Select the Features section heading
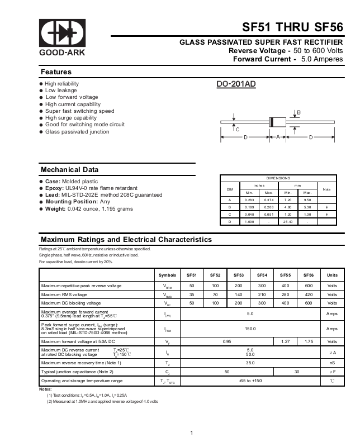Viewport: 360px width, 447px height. pos(56,72)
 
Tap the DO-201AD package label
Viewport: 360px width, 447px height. pos(236,84)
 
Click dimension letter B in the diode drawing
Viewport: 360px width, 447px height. pos(299,113)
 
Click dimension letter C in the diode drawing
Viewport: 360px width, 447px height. pos(237,130)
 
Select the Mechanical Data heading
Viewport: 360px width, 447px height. pos(70,170)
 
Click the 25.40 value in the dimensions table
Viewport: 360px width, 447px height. pos(288,222)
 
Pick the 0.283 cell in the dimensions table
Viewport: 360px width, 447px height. pos(249,199)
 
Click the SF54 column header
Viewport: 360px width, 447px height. pos(262,275)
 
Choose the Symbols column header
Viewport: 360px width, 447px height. pos(167,275)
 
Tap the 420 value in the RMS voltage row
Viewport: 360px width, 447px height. pos(309,294)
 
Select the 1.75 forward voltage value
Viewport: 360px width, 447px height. pos(309,341)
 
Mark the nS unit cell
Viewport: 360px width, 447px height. pos(332,363)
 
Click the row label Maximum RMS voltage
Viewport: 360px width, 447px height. pos(64,294)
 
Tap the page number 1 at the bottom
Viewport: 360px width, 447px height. pos(191,433)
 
